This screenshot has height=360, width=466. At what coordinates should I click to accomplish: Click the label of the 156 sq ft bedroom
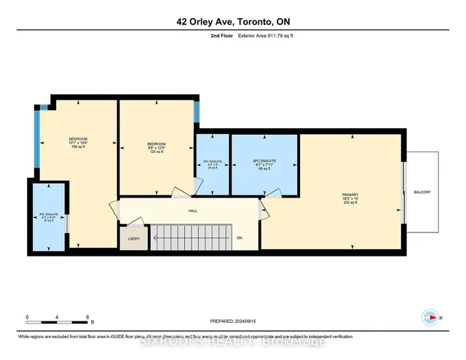pyautogui.click(x=78, y=143)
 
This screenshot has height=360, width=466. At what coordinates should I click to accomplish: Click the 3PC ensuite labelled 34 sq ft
pyautogui.click(x=211, y=164)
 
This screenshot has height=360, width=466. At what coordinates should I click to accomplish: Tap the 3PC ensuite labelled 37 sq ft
pyautogui.click(x=49, y=218)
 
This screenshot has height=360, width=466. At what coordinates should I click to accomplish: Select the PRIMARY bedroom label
pyautogui.click(x=351, y=197)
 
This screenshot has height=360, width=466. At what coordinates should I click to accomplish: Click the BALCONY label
pyautogui.click(x=422, y=192)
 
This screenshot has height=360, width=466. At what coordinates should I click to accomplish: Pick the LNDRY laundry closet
pyautogui.click(x=133, y=238)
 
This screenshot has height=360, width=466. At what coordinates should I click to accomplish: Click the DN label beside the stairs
pyautogui.click(x=240, y=238)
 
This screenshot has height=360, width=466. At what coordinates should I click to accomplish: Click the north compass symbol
pyautogui.click(x=430, y=317)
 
